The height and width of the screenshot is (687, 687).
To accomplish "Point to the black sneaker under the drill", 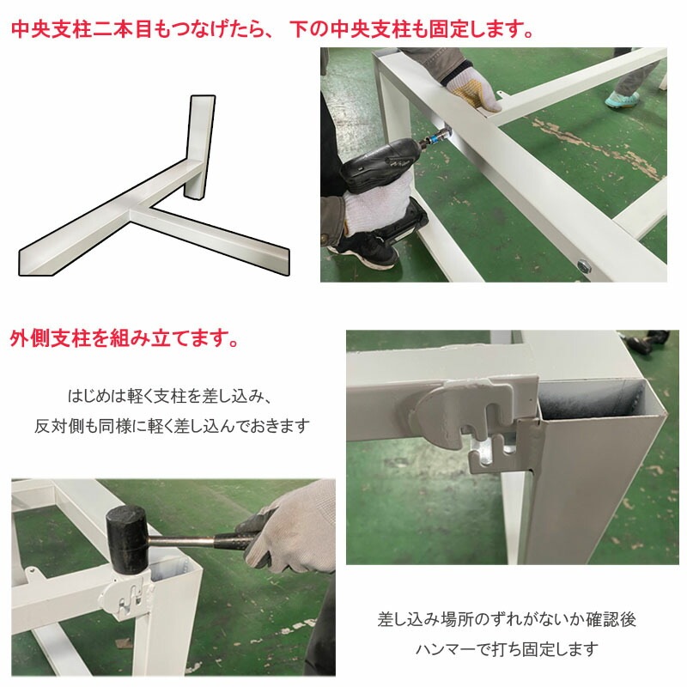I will point(365,249).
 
